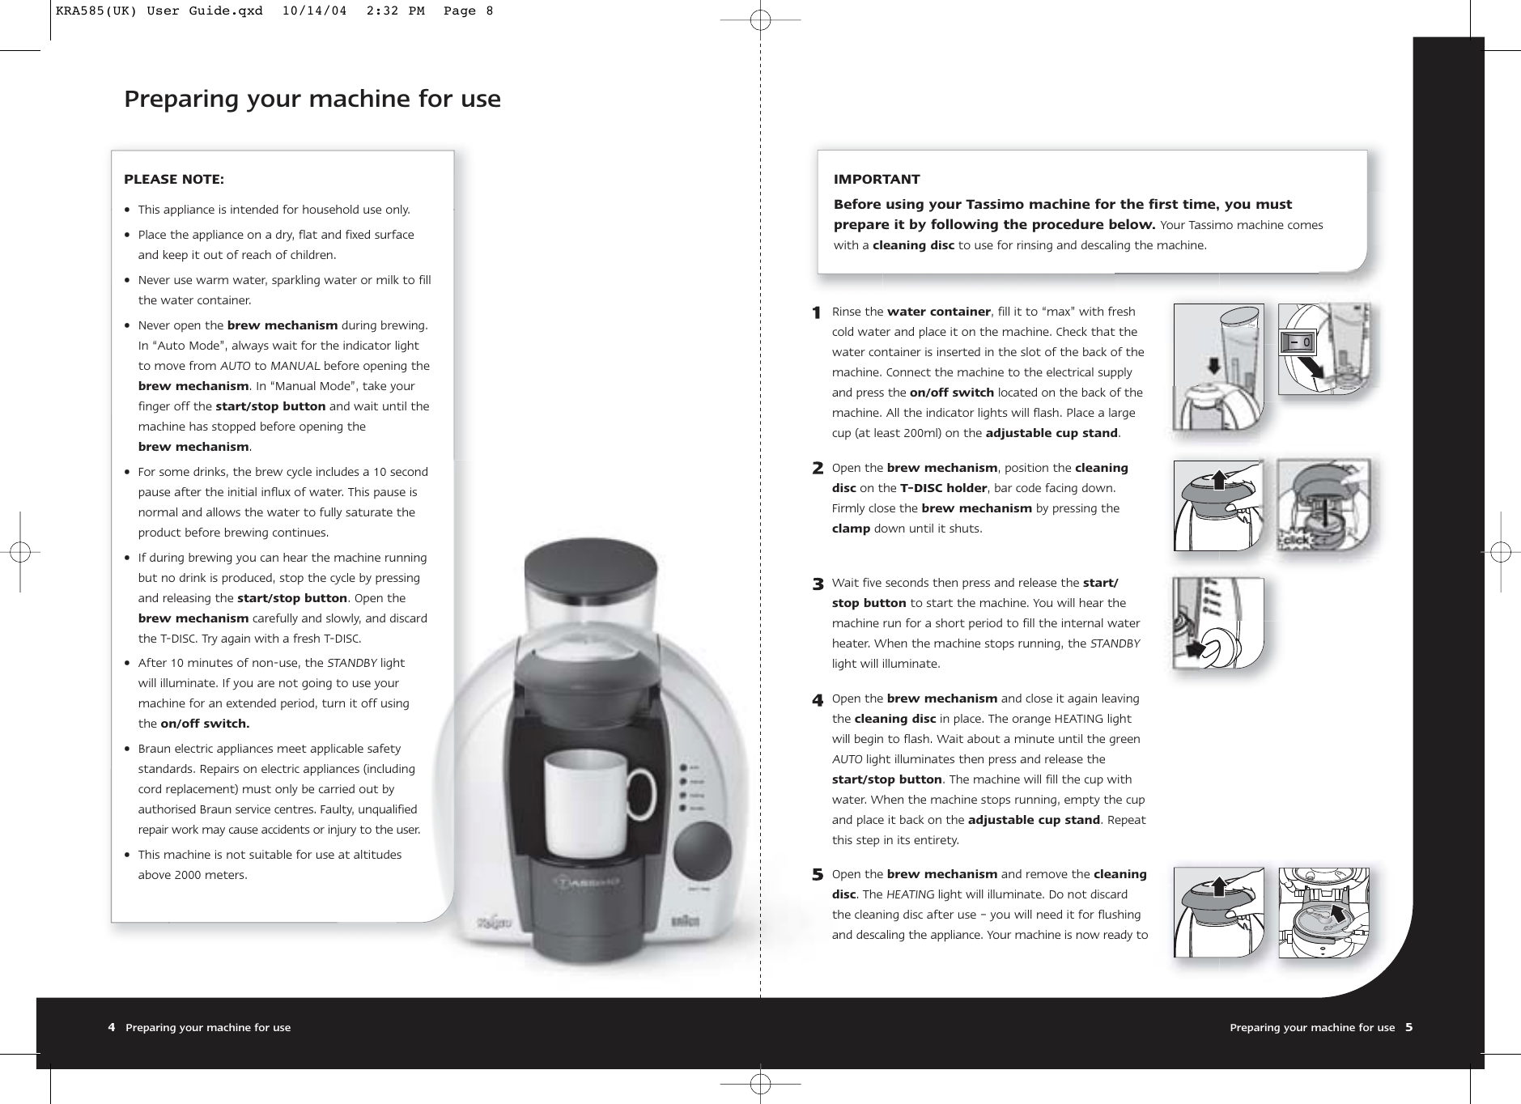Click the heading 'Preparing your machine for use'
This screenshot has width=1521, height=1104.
tap(312, 100)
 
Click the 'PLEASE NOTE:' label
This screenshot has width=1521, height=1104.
tap(174, 179)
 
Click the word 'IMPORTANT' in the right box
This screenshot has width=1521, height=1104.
tap(877, 179)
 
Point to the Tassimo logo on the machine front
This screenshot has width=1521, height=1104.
tap(587, 880)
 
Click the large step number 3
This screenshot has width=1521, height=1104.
tap(818, 584)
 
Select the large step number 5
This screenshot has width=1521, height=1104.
tap(818, 875)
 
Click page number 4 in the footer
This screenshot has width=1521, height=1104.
tap(112, 1027)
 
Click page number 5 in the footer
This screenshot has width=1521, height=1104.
tap(1408, 1027)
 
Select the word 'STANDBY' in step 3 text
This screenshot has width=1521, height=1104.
tap(1115, 643)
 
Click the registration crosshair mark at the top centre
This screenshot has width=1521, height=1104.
tap(759, 20)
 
